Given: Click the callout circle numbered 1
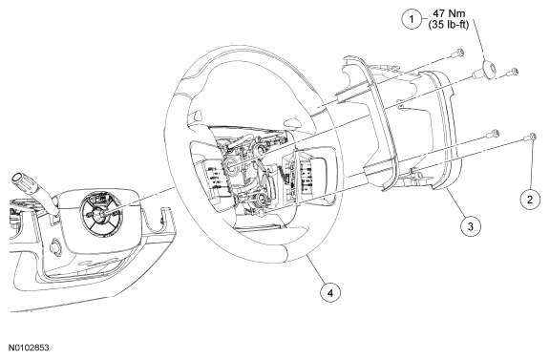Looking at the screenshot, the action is (412, 19).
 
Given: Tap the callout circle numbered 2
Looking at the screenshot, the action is (530, 200).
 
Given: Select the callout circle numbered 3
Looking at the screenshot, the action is (471, 226).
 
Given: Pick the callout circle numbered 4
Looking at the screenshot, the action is (330, 292).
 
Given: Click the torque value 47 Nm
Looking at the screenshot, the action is (449, 13).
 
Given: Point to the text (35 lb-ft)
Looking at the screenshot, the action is (449, 25).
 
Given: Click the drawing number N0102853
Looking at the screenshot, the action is (29, 348).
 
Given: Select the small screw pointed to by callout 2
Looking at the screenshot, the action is (532, 137).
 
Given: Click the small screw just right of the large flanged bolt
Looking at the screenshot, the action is (512, 72).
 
